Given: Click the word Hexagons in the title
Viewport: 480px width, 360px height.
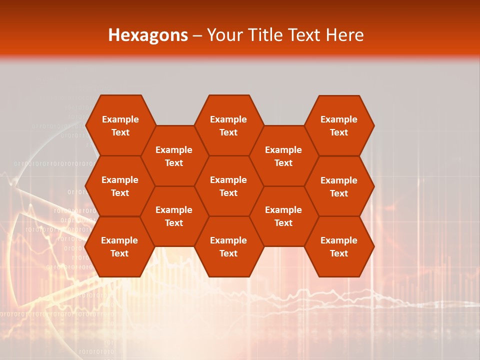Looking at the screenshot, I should [x=148, y=35].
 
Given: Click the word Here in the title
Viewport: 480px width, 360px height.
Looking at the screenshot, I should [x=345, y=35].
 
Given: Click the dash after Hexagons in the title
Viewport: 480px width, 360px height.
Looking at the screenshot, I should [x=197, y=35].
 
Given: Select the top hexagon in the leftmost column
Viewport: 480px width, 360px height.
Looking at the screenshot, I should [x=120, y=125].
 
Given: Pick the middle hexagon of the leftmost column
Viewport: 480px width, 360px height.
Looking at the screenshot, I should [x=120, y=186].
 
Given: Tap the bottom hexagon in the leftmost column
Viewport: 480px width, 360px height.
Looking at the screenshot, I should [x=120, y=246].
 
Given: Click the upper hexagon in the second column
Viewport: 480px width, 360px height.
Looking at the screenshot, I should [x=174, y=156].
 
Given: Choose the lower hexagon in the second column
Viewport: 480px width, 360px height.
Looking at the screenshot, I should [x=174, y=216].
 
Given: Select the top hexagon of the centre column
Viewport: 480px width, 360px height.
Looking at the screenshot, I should [x=228, y=125].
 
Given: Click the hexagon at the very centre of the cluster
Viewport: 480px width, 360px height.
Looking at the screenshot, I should [x=228, y=186].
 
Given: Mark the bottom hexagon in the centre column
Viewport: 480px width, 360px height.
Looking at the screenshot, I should [x=228, y=246].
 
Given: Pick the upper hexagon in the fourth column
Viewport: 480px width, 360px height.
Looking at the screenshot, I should [x=283, y=156].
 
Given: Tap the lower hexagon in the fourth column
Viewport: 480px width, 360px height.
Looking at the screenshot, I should [x=283, y=216].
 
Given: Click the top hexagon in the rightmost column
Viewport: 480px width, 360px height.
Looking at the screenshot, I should [x=339, y=125].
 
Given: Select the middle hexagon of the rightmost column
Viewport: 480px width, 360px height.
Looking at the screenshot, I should [x=339, y=186].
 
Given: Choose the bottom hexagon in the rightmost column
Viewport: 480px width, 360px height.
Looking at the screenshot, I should [x=339, y=246].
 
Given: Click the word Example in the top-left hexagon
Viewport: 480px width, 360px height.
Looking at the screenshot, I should [x=120, y=119].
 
